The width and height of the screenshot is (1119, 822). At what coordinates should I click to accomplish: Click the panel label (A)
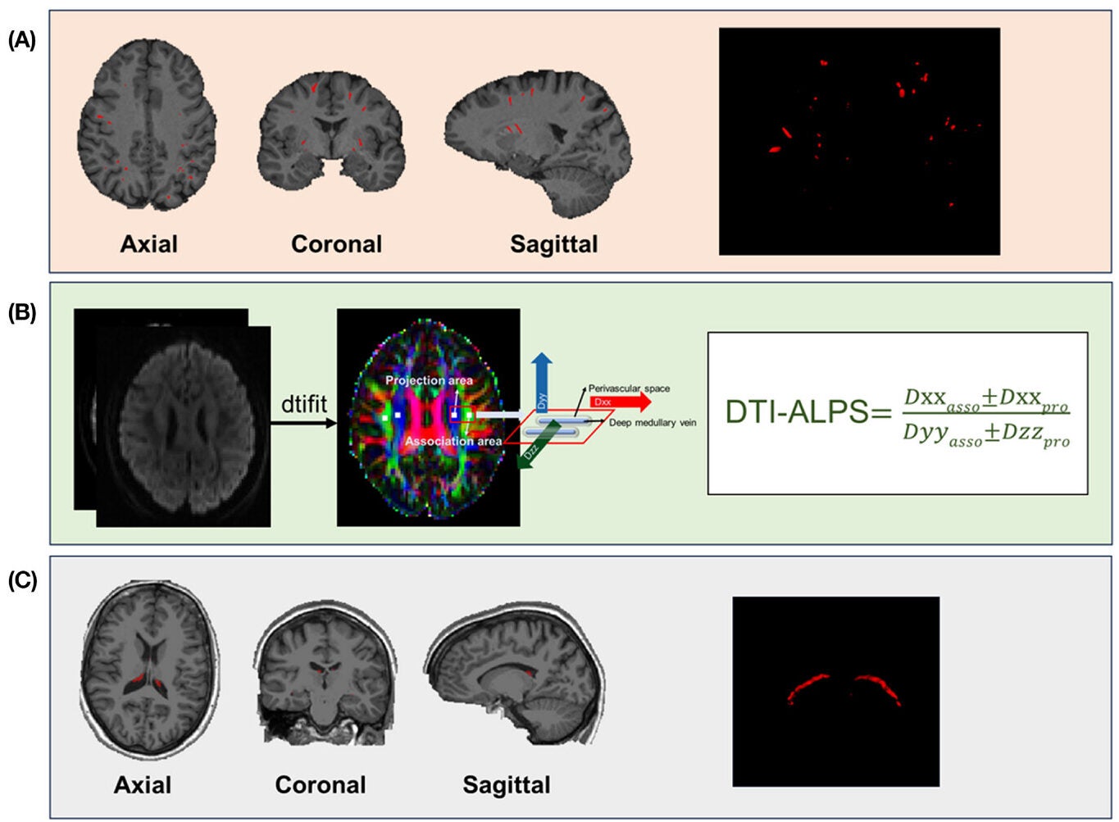[21, 40]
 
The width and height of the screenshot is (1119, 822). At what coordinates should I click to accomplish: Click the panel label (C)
[21, 580]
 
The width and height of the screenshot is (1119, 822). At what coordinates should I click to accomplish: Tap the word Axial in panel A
[148, 243]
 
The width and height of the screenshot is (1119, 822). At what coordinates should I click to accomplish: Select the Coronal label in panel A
[336, 243]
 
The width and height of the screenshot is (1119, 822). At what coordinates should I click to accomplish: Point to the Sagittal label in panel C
[507, 784]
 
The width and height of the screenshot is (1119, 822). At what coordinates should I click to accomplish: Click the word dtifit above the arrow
[303, 404]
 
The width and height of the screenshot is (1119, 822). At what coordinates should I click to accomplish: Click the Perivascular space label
[629, 388]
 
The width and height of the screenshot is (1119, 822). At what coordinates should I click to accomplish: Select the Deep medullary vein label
[653, 423]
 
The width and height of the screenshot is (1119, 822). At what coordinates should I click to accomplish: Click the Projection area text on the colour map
[429, 380]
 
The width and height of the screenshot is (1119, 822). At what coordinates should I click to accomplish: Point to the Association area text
[453, 441]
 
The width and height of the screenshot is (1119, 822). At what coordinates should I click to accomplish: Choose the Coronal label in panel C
[321, 784]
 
